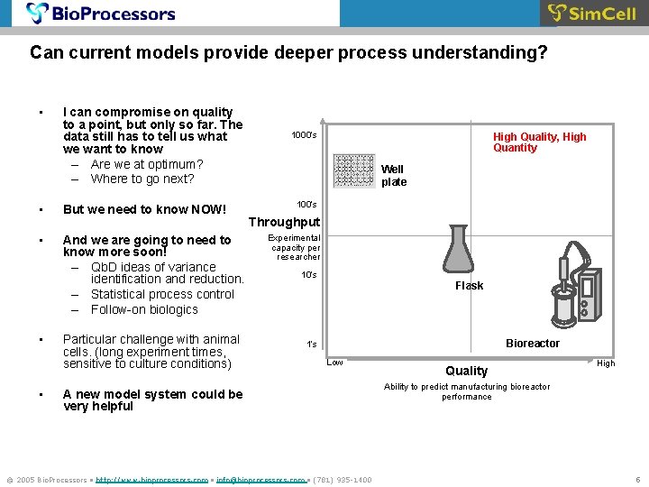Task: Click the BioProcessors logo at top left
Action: (101, 14)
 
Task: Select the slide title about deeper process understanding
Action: (288, 53)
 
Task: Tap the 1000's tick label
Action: (304, 135)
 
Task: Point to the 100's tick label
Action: (306, 205)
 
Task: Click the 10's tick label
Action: (308, 275)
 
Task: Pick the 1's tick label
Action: (311, 345)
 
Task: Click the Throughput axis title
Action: (284, 222)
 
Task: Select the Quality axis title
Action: (467, 371)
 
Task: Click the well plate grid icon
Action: (353, 170)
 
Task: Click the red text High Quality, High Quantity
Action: (539, 142)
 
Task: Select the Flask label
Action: (469, 286)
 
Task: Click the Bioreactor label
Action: (532, 344)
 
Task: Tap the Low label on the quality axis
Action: (334, 363)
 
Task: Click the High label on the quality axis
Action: (606, 363)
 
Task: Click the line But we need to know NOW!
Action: (144, 209)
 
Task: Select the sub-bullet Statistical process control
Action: (162, 294)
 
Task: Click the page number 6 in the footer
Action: (637, 479)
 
